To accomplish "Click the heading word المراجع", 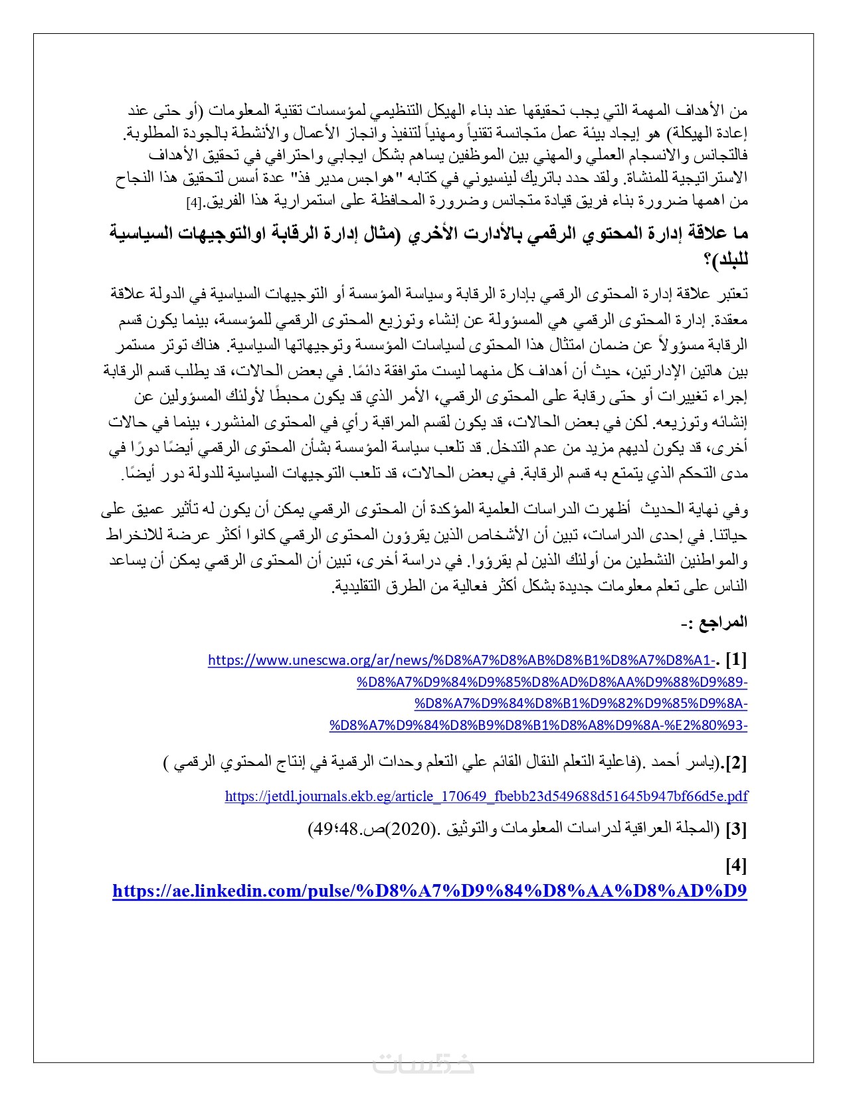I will coord(725,622).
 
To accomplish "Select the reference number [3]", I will coord(736,829).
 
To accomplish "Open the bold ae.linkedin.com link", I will coord(430,891).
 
